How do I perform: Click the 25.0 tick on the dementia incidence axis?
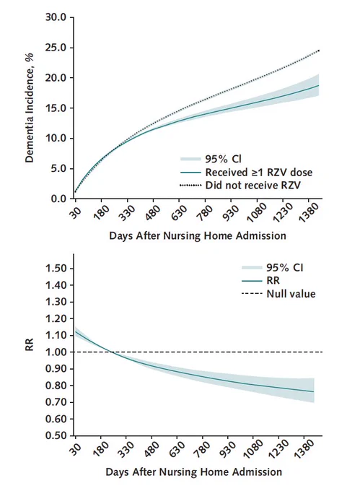click(56, 48)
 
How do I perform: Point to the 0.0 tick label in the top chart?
click(58, 199)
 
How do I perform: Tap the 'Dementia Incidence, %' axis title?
click(29, 108)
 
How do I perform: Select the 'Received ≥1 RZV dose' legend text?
click(259, 173)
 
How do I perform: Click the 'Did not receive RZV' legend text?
click(253, 185)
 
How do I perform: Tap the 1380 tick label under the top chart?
click(309, 212)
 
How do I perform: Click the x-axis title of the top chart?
click(198, 235)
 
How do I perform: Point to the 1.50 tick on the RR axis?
click(56, 269)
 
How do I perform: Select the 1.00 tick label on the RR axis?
click(56, 352)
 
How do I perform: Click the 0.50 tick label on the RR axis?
click(56, 435)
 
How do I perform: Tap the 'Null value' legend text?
click(291, 294)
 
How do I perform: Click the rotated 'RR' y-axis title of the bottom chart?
click(29, 344)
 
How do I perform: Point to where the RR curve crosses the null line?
click(112, 352)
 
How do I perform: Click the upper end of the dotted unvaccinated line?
click(319, 51)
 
